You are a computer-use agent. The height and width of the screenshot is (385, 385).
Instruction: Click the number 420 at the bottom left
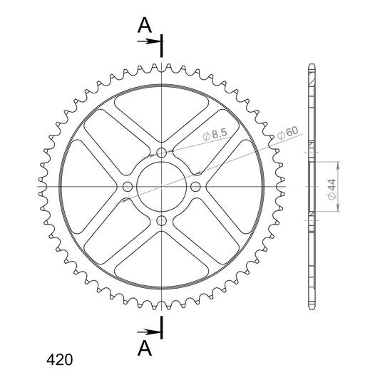(60, 360)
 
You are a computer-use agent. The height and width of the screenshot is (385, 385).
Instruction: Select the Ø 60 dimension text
(287, 133)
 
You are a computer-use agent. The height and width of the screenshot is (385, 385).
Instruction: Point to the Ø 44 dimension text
(332, 190)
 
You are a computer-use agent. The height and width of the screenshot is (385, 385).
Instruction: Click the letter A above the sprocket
(145, 25)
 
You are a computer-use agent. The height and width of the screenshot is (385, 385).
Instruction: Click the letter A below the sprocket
(145, 349)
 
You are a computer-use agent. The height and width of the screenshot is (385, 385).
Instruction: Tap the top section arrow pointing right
(149, 41)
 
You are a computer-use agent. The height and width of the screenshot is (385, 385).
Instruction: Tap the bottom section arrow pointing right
(149, 332)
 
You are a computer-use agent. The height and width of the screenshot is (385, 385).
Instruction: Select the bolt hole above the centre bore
(161, 153)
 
